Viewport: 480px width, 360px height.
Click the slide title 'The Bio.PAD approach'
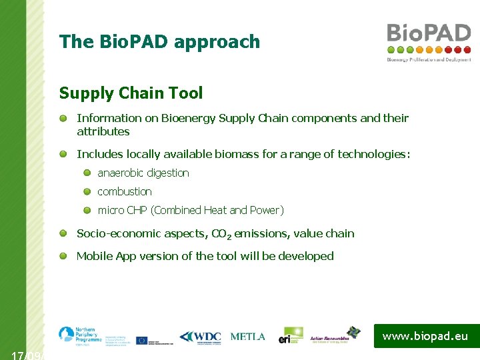pos(159,42)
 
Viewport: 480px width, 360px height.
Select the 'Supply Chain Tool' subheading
pos(131,93)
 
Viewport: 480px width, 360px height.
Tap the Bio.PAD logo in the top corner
pos(429,41)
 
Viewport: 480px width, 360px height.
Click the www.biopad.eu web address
pos(425,336)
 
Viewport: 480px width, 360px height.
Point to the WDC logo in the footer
pos(200,337)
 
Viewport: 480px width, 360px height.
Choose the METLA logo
pos(247,337)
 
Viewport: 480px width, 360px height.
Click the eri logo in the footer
pos(291,335)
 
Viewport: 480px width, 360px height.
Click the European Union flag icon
pos(142,340)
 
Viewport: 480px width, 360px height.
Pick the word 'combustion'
pos(125,191)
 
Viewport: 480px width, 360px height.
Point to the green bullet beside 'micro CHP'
pos(87,210)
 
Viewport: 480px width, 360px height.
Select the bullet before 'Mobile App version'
pos(62,256)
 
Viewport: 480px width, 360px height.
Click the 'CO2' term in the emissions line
pos(220,234)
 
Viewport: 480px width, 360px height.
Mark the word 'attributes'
pos(103,132)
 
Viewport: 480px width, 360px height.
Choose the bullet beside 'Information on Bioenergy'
pos(62,118)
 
